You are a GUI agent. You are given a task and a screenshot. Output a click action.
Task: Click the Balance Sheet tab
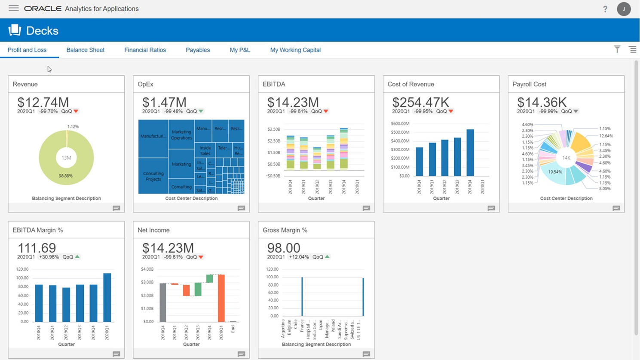point(85,50)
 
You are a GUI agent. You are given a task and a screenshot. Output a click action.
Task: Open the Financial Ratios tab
point(145,50)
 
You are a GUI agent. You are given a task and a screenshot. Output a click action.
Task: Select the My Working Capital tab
point(295,50)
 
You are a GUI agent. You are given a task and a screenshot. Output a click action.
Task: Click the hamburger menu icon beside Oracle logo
point(14,8)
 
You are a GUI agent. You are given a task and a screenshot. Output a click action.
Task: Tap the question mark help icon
point(605,9)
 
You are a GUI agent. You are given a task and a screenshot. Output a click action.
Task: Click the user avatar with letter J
point(623,9)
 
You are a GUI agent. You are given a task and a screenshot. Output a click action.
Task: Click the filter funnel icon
point(617,49)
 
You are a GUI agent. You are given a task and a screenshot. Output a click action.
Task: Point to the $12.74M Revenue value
point(43,102)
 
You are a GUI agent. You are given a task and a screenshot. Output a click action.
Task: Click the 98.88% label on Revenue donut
point(66,176)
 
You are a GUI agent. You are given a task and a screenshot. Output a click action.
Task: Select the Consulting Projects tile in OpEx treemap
point(153,176)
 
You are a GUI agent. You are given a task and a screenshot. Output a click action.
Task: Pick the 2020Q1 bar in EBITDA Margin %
point(107,297)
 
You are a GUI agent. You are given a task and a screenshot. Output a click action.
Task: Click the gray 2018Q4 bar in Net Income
point(163,302)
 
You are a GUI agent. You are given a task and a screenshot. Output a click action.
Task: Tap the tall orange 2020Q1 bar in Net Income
point(221,298)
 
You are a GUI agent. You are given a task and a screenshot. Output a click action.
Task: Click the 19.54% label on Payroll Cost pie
point(555,172)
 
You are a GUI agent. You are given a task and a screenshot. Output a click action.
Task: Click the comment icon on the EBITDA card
point(366,208)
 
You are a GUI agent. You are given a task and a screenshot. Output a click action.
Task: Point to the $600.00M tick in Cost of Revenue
point(400,124)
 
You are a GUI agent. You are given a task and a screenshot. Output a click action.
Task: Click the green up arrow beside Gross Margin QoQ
point(328,256)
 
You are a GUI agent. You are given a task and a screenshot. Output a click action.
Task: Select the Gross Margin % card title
point(285,230)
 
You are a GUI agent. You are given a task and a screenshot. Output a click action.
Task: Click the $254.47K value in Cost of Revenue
point(420,102)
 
